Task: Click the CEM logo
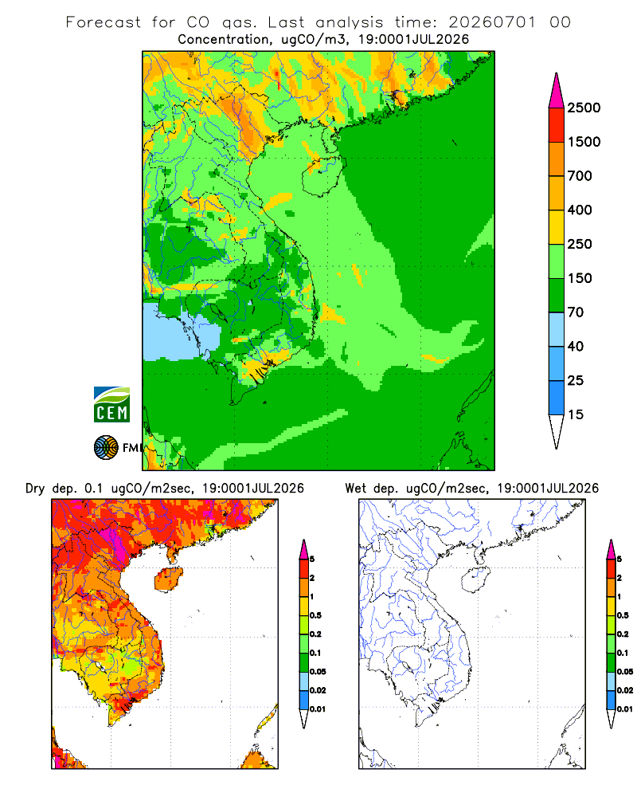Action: [x=111, y=405]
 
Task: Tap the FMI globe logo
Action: [x=106, y=448]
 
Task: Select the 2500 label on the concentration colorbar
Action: [x=584, y=108]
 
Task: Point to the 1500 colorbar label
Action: [x=584, y=142]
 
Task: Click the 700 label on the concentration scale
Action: [x=580, y=176]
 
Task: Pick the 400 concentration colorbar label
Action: [x=580, y=210]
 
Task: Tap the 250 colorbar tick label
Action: [x=580, y=244]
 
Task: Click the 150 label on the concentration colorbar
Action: [x=580, y=278]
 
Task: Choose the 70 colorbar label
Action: [x=576, y=312]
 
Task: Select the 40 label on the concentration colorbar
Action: [x=576, y=346]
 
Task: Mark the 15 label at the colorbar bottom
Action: [x=576, y=414]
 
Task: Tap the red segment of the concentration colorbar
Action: [x=557, y=125]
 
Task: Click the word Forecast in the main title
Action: [x=104, y=22]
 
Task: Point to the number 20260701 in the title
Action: [x=492, y=22]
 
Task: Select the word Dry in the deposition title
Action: [x=35, y=489]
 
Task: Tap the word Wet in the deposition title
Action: [x=356, y=489]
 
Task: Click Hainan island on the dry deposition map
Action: [x=168, y=579]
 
